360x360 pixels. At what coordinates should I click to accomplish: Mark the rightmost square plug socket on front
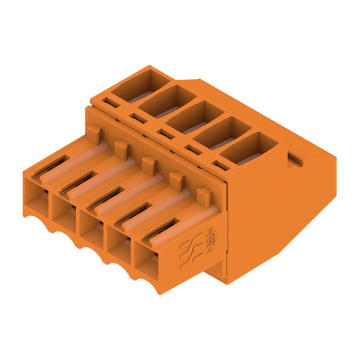pyautogui.click(x=148, y=256)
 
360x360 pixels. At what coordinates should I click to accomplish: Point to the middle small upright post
pyautogui.click(x=148, y=164)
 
